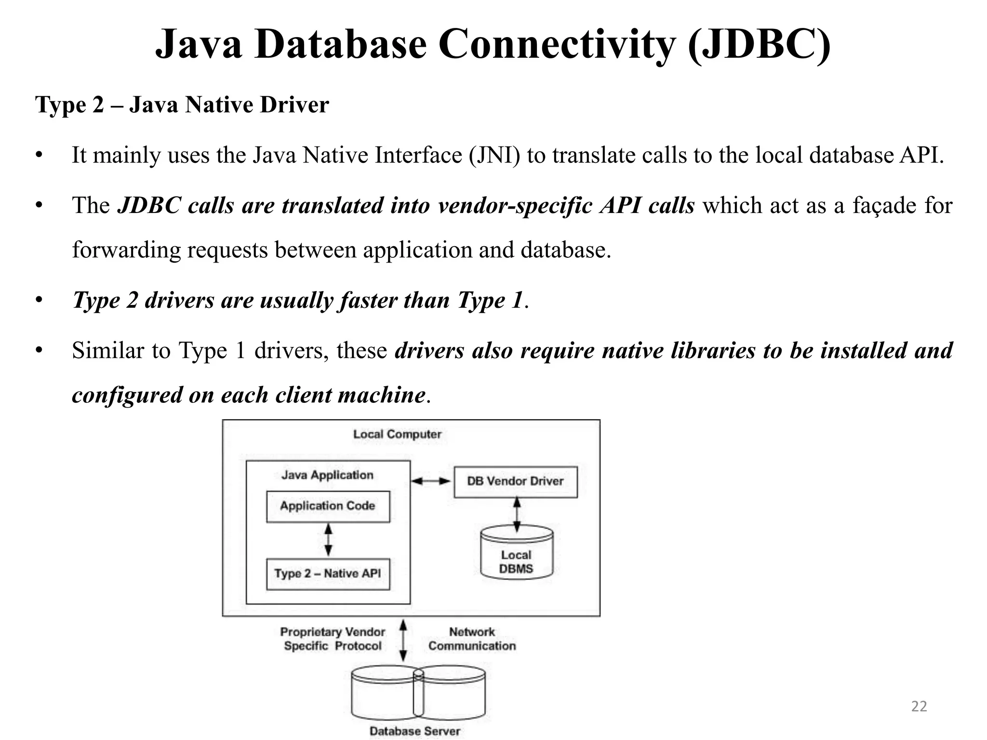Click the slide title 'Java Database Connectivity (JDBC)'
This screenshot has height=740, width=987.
pyautogui.click(x=493, y=44)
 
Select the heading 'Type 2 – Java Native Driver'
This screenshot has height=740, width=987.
pyautogui.click(x=182, y=105)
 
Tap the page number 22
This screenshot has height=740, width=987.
pyautogui.click(x=919, y=706)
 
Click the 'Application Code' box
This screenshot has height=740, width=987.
pyautogui.click(x=328, y=506)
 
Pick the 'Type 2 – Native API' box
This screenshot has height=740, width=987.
pyautogui.click(x=328, y=574)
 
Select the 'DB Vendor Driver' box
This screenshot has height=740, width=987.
pyautogui.click(x=515, y=481)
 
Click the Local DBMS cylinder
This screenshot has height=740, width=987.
pyautogui.click(x=516, y=554)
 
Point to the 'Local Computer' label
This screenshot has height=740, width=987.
pyautogui.click(x=397, y=434)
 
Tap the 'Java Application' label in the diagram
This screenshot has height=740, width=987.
pyautogui.click(x=327, y=475)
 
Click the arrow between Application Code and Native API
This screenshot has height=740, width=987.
pyautogui.click(x=328, y=540)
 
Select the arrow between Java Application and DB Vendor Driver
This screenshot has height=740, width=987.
pyautogui.click(x=431, y=481)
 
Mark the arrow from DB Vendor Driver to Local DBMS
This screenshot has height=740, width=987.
pyautogui.click(x=517, y=514)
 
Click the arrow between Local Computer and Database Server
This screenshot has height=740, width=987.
pyautogui.click(x=403, y=640)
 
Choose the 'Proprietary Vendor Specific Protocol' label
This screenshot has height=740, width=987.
pyautogui.click(x=333, y=639)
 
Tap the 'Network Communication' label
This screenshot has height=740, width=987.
pyautogui.click(x=472, y=639)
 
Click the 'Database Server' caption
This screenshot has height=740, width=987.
pyautogui.click(x=414, y=731)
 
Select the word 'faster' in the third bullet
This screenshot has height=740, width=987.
pyautogui.click(x=368, y=300)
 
